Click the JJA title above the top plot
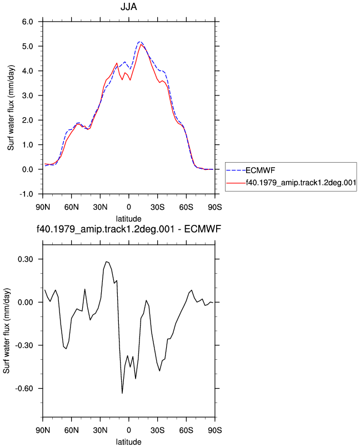pyautogui.click(x=129, y=7)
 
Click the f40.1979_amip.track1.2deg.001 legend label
pyautogui.click(x=301, y=183)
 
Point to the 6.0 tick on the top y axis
pyautogui.click(x=27, y=22)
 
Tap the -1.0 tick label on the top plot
pyautogui.click(x=26, y=194)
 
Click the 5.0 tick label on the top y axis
pyautogui.click(x=27, y=46)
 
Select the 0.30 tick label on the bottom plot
pyautogui.click(x=26, y=259)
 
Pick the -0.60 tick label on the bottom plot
pyautogui.click(x=24, y=389)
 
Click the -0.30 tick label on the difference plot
pyautogui.click(x=24, y=345)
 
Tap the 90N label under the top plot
pyautogui.click(x=43, y=207)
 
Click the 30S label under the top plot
pyautogui.click(x=158, y=207)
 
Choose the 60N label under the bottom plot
pyautogui.click(x=72, y=430)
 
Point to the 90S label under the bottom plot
pyautogui.click(x=215, y=430)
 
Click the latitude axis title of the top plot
pyautogui.click(x=129, y=219)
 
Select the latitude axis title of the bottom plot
pyautogui.click(x=129, y=442)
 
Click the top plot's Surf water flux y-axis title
pyautogui.click(x=11, y=108)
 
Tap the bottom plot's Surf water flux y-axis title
pyautogui.click(x=7, y=330)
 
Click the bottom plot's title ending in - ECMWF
pyautogui.click(x=129, y=229)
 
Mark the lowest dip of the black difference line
pyautogui.click(x=122, y=393)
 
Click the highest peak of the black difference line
pyautogui.click(x=106, y=261)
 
